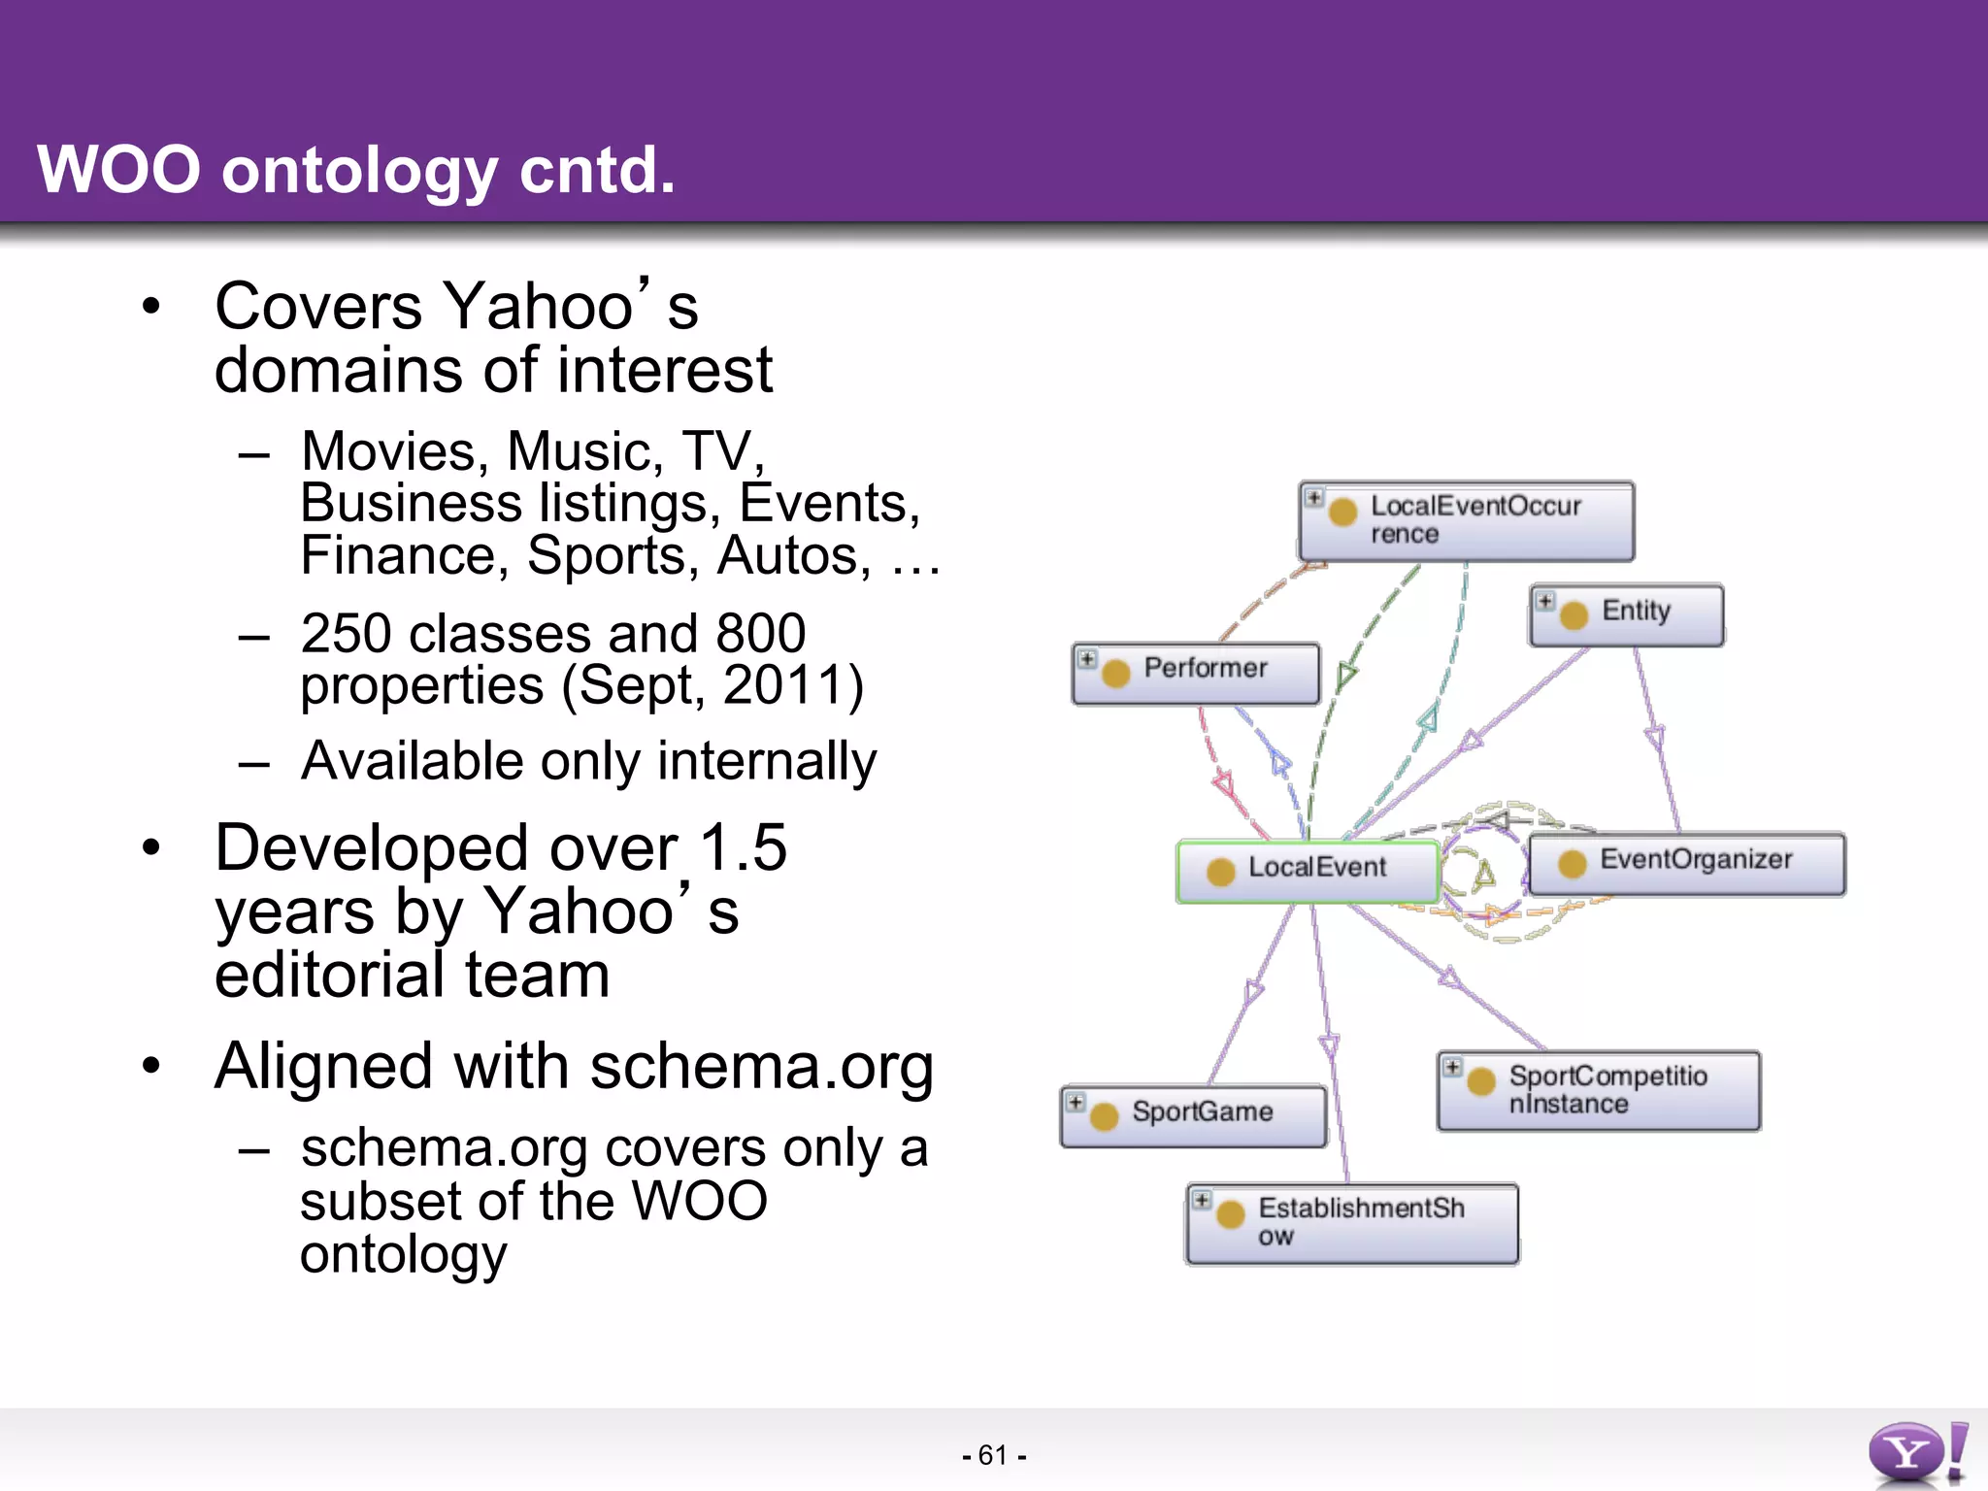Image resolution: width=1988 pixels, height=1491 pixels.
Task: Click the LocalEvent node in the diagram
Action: [x=1307, y=871]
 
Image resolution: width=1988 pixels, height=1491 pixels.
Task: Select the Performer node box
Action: [x=1196, y=673]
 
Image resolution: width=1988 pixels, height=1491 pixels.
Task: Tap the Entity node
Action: [x=1627, y=614]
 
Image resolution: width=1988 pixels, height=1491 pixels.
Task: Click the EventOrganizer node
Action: [x=1687, y=863]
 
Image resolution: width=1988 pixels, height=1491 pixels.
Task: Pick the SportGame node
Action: [x=1194, y=1115]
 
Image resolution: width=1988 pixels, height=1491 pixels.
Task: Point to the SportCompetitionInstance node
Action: [x=1599, y=1090]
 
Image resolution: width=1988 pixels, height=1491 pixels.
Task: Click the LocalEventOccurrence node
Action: [x=1467, y=521]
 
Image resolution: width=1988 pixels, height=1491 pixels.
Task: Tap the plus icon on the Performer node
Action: [x=1087, y=659]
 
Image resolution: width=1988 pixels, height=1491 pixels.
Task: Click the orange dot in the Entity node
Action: [x=1574, y=614]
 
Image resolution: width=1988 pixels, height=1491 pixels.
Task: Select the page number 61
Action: [x=993, y=1455]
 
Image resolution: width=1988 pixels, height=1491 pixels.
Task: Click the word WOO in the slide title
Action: [x=118, y=170]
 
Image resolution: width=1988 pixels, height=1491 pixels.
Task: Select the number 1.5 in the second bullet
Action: [x=743, y=847]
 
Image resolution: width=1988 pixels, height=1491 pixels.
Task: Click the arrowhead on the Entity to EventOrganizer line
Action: [x=1655, y=738]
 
